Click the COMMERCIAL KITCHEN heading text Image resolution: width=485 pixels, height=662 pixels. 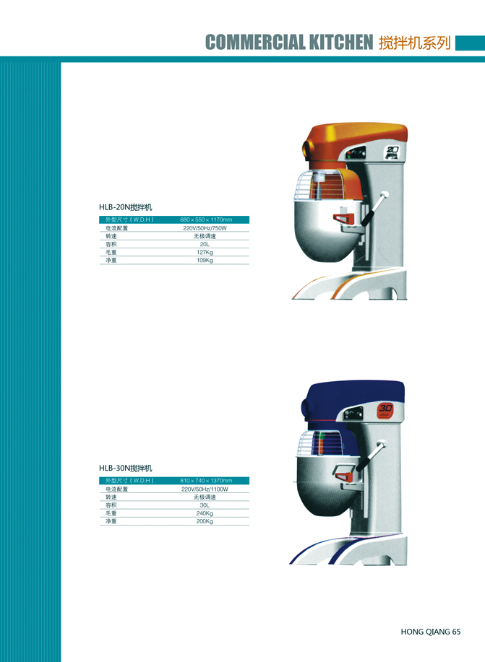point(289,42)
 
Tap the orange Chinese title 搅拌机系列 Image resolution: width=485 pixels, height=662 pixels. point(415,43)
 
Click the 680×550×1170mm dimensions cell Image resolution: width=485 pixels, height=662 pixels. point(206,219)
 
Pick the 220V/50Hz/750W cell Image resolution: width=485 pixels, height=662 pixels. point(205,228)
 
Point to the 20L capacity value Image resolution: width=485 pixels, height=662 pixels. point(205,244)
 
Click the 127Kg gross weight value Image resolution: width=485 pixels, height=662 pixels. point(205,252)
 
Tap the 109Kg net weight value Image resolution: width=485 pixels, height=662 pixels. point(205,260)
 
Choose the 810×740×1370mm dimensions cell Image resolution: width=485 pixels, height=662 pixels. point(206,481)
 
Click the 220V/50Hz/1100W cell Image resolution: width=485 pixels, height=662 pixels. point(205,489)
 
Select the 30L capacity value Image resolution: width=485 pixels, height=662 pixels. point(205,505)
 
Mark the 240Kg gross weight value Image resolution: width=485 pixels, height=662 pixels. point(205,513)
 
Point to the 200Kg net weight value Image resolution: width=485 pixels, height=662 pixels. point(205,521)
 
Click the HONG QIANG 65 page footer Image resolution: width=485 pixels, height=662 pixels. point(431,632)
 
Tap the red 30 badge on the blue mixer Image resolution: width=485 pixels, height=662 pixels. point(385,410)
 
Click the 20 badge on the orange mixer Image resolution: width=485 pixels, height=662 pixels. point(392,152)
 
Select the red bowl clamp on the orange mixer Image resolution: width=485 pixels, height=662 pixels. point(344,218)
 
